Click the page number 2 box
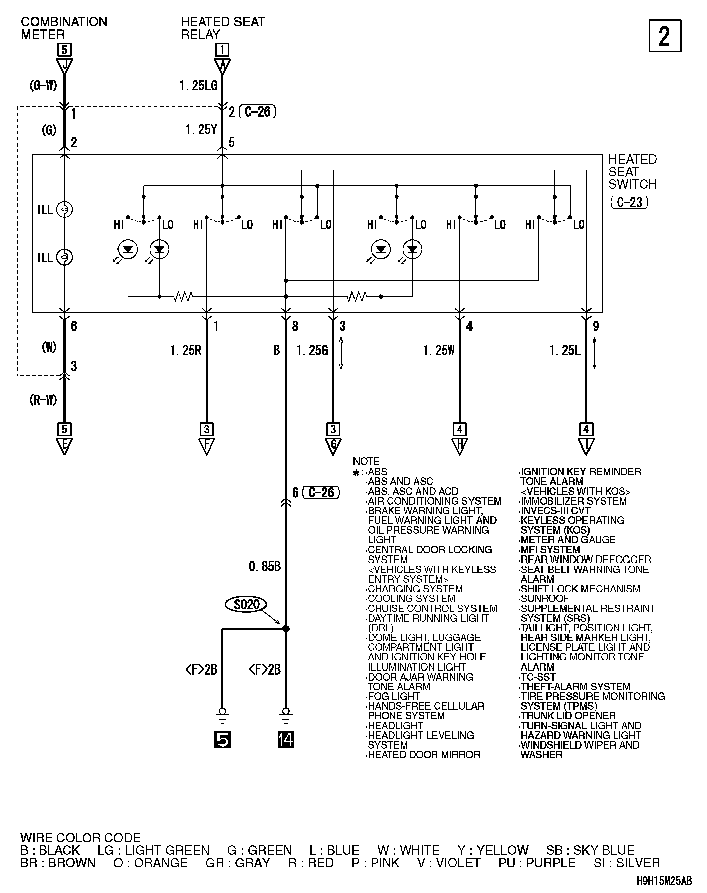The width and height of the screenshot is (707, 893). [x=665, y=36]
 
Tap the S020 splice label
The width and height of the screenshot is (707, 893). [x=247, y=604]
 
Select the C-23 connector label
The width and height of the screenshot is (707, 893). [x=629, y=202]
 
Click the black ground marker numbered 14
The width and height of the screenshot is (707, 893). [x=286, y=739]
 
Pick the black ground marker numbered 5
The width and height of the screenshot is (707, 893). [x=222, y=739]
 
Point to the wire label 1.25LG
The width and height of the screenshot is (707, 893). [x=198, y=86]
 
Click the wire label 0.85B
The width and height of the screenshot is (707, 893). [x=264, y=567]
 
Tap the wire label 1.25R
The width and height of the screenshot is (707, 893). [x=186, y=350]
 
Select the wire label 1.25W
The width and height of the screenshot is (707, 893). [x=439, y=350]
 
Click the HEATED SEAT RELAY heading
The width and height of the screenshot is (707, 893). [x=222, y=28]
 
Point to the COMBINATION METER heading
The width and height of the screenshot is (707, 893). [x=64, y=28]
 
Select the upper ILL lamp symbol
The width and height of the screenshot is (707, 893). [x=64, y=209]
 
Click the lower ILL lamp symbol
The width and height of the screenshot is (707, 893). [x=64, y=257]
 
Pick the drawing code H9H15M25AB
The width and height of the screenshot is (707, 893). [x=664, y=881]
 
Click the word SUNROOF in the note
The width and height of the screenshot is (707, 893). [x=545, y=599]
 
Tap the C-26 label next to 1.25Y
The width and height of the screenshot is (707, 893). [x=257, y=111]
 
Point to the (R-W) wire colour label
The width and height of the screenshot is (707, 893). [x=43, y=400]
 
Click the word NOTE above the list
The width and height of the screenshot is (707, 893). [x=366, y=461]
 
